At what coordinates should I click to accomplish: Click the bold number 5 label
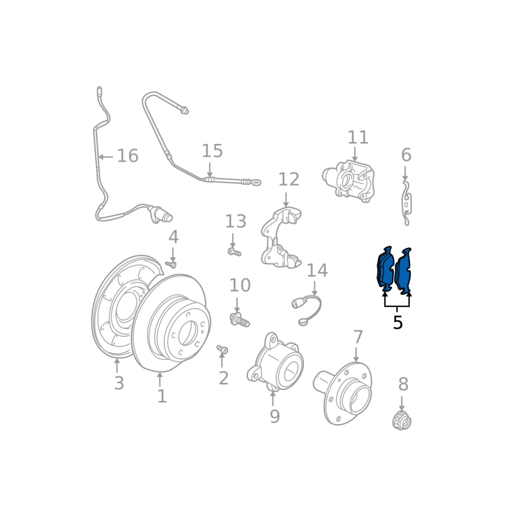click(398, 323)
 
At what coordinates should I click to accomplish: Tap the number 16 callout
click(128, 155)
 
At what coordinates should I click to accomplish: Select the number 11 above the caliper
click(358, 137)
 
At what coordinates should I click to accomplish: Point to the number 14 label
click(317, 270)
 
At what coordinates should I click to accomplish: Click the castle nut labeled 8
click(402, 420)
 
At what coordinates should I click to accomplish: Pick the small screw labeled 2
click(222, 350)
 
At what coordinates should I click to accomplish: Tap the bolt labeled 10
click(240, 319)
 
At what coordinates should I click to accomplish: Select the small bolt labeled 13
click(235, 252)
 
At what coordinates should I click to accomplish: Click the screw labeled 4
click(171, 264)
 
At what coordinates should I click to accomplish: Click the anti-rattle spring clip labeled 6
click(407, 203)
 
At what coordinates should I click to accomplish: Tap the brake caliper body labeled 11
click(349, 181)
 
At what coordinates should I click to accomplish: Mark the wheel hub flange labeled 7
click(342, 393)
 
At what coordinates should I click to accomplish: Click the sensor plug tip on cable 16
click(168, 217)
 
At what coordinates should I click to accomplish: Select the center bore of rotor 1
click(188, 333)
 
